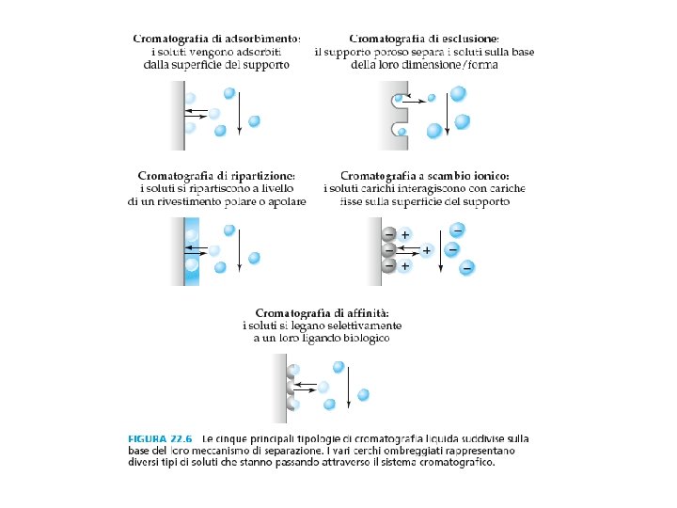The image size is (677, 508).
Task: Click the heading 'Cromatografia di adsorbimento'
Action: pyautogui.click(x=216, y=39)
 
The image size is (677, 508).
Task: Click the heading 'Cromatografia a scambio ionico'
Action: pyautogui.click(x=425, y=176)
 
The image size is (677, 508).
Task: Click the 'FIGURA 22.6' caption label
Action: pyautogui.click(x=158, y=438)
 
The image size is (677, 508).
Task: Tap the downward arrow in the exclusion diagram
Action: pyautogui.click(x=446, y=114)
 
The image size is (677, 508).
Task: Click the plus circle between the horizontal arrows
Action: pyautogui.click(x=427, y=251)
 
